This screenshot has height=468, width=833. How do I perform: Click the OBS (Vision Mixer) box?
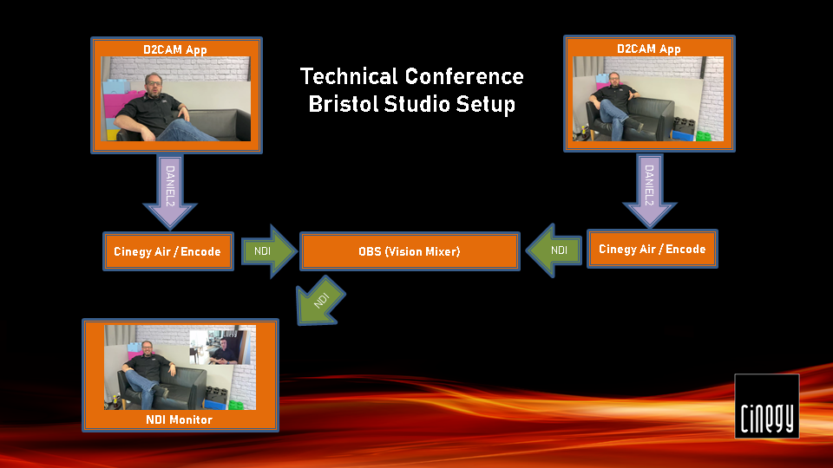[410, 251]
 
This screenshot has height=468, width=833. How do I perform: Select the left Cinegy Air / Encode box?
[167, 251]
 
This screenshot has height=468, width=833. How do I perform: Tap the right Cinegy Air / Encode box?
[653, 249]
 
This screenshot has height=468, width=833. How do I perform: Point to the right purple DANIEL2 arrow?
[649, 191]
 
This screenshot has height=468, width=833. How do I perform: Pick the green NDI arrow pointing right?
[269, 251]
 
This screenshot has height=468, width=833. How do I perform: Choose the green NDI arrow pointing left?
[554, 250]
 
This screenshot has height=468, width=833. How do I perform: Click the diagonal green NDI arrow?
[320, 301]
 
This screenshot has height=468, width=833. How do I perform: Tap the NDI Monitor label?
[179, 419]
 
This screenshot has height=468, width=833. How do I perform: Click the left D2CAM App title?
[174, 50]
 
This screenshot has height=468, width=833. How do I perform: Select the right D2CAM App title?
[649, 49]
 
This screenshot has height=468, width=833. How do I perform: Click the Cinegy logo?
[766, 406]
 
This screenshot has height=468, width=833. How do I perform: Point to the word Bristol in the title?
[343, 104]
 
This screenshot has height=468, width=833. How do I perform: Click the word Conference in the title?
[464, 76]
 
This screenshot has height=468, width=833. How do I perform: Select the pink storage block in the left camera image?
[115, 103]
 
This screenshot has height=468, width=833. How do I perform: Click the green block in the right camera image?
[704, 136]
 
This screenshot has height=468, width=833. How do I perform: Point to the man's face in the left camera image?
[153, 85]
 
